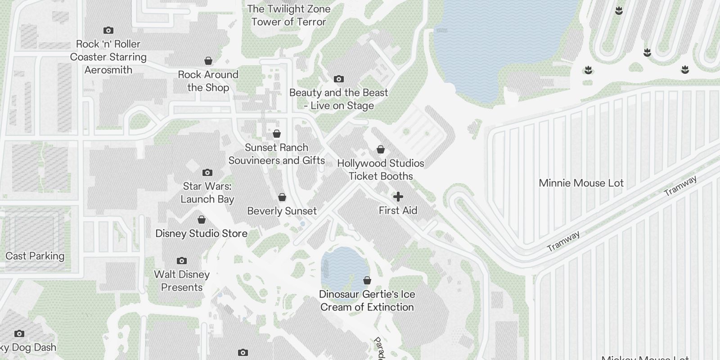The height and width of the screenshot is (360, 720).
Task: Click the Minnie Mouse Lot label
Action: (x=581, y=183)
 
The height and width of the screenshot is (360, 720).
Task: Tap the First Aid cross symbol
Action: (x=398, y=197)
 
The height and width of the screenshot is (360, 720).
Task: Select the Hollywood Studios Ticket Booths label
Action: (x=381, y=170)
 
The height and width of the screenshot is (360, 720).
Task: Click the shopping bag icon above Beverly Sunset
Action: (x=282, y=197)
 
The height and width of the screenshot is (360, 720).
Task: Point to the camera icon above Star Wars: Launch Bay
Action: (x=207, y=172)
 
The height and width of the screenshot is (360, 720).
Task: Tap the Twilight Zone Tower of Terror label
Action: (x=288, y=15)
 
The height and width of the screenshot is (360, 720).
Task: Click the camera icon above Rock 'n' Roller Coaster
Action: (x=108, y=31)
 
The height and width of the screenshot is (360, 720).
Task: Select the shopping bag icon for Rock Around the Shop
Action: (x=208, y=60)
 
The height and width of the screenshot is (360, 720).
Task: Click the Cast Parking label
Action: (x=35, y=256)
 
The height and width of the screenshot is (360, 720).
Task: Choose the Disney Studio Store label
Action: (x=201, y=234)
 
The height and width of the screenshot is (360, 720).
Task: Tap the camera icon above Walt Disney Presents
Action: (x=182, y=261)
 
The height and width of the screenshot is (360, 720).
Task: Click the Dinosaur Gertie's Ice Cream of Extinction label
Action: (x=367, y=301)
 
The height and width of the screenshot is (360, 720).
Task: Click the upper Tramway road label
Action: (x=681, y=185)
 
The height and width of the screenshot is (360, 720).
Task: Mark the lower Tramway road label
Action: (x=563, y=241)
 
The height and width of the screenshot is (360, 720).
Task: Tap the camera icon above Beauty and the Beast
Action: (x=338, y=79)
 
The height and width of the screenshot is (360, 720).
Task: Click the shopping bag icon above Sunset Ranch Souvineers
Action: (x=277, y=134)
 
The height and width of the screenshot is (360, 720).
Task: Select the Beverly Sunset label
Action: (x=282, y=211)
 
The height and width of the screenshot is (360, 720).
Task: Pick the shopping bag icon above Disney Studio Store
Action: (x=202, y=220)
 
